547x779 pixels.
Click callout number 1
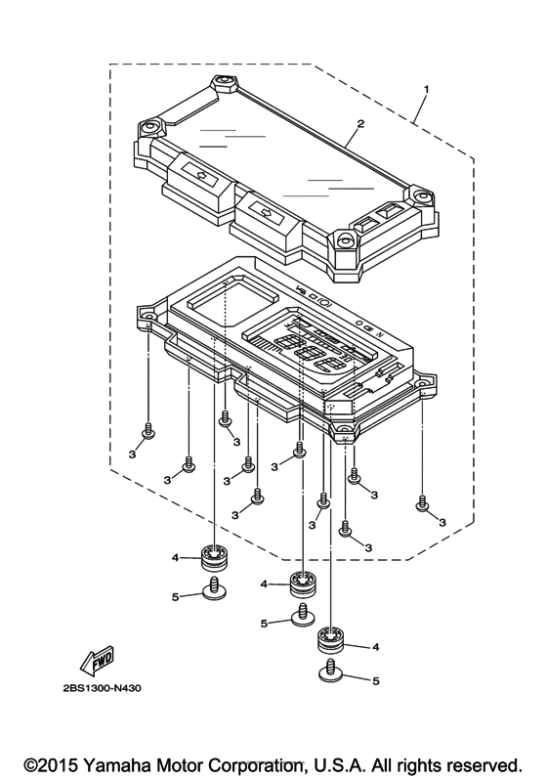click(x=426, y=89)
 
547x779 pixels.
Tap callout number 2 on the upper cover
click(x=360, y=124)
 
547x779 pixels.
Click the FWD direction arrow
click(x=97, y=661)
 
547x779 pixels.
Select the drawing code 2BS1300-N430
click(x=102, y=688)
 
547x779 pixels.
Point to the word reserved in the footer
click(x=483, y=764)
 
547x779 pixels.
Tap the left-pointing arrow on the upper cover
click(x=201, y=174)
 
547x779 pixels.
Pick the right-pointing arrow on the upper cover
click(x=268, y=213)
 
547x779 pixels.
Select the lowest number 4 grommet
click(x=330, y=641)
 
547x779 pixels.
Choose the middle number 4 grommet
click(x=302, y=585)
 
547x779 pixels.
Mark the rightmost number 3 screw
click(x=422, y=502)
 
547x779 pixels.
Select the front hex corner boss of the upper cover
click(x=344, y=242)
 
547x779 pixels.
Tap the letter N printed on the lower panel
click(x=381, y=334)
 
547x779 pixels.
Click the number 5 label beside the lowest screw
click(x=375, y=680)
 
